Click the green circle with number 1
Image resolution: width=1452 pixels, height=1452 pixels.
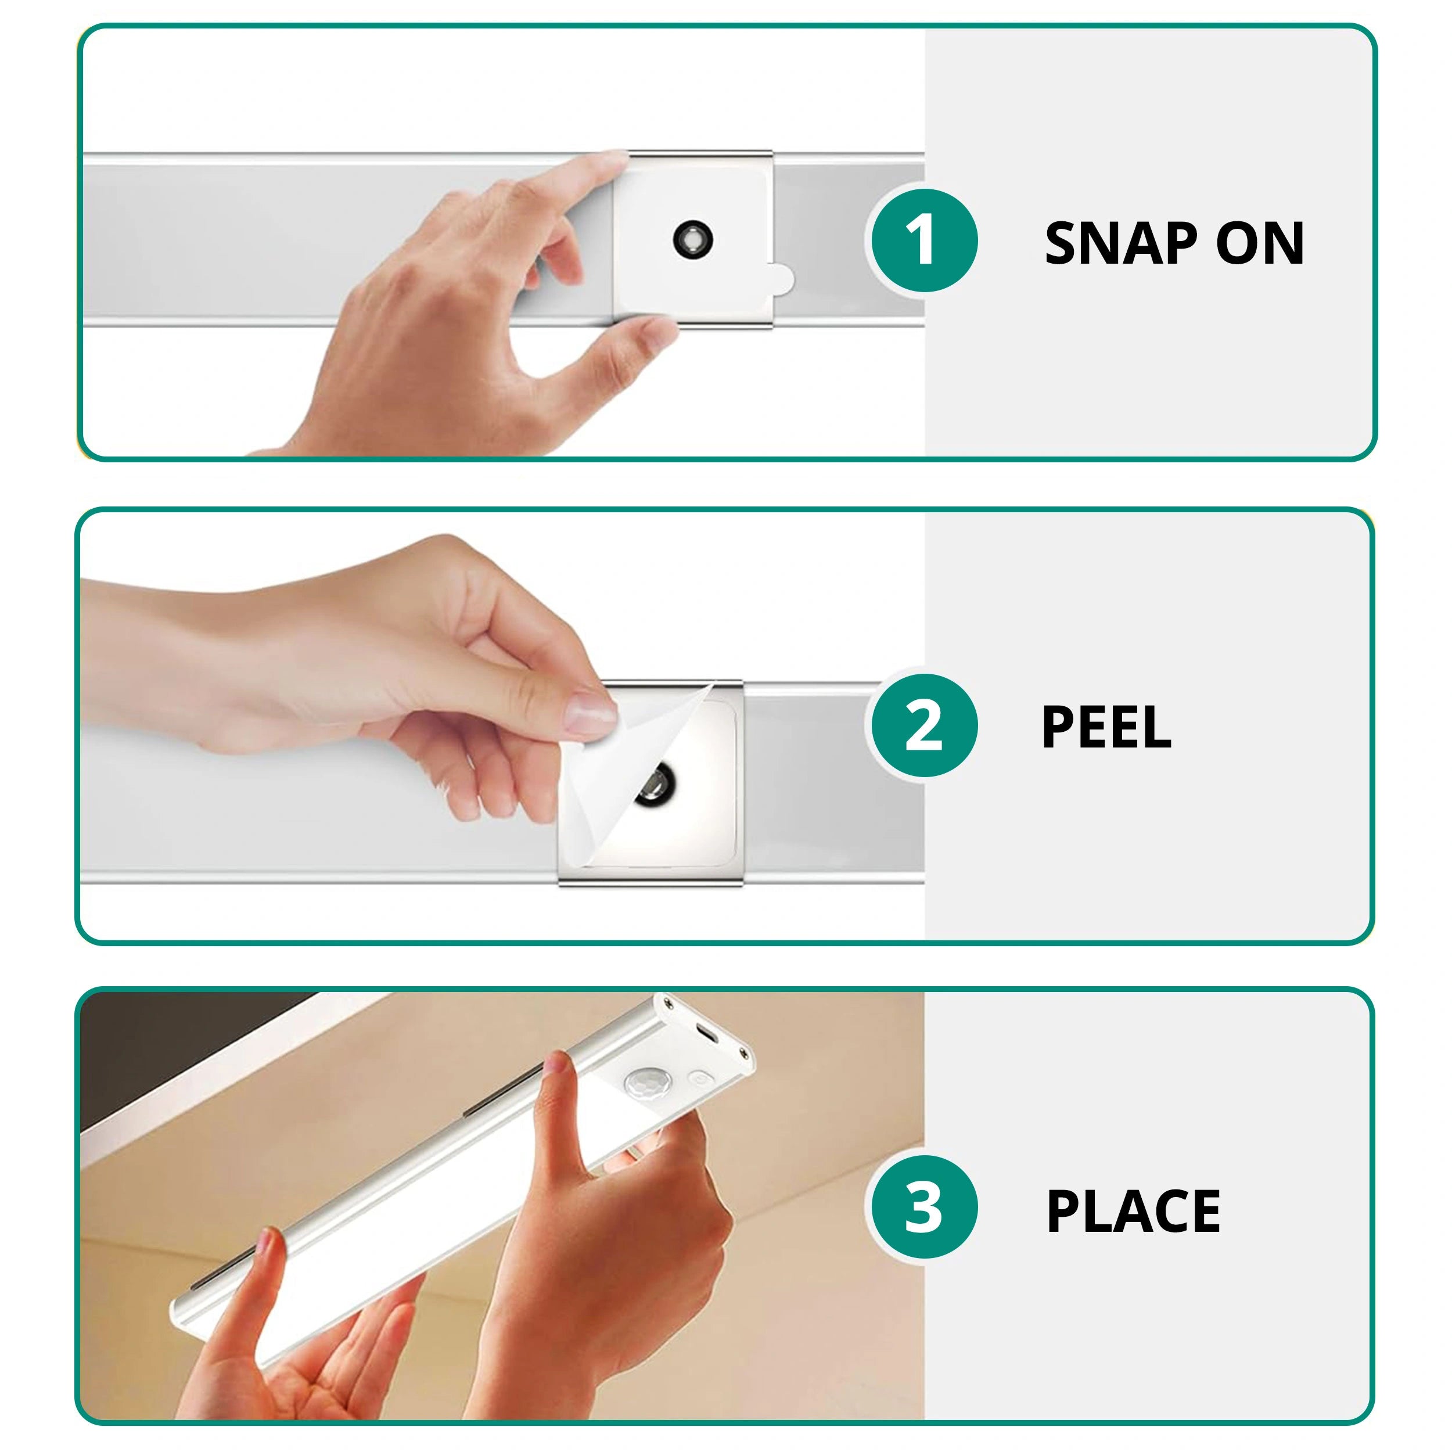pyautogui.click(x=923, y=240)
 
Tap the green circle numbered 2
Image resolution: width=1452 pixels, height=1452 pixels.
pyautogui.click(x=923, y=725)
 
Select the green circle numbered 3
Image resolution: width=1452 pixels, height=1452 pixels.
pyautogui.click(x=923, y=1207)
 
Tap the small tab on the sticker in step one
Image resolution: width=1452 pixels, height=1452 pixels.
pyautogui.click(x=782, y=279)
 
